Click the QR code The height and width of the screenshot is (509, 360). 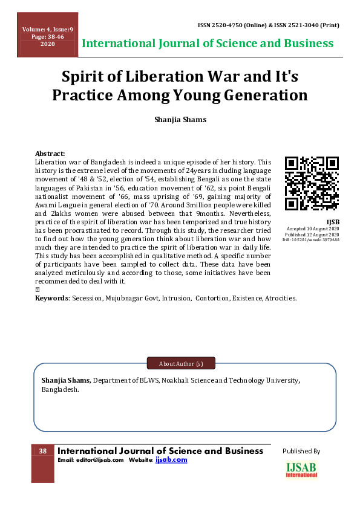(x=312, y=184)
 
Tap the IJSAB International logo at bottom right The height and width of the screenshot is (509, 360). (x=301, y=470)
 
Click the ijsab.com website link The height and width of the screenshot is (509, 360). (x=171, y=460)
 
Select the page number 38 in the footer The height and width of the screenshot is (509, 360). (x=43, y=452)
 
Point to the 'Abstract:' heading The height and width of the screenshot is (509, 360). (x=50, y=154)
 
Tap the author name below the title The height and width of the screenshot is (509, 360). (x=180, y=119)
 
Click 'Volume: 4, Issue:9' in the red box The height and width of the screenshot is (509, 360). (x=47, y=30)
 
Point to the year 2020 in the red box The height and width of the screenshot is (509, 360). (x=47, y=44)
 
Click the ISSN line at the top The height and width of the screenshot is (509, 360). (x=268, y=25)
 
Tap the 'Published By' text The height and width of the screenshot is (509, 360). (x=301, y=451)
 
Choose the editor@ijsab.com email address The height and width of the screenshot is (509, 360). (x=99, y=460)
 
